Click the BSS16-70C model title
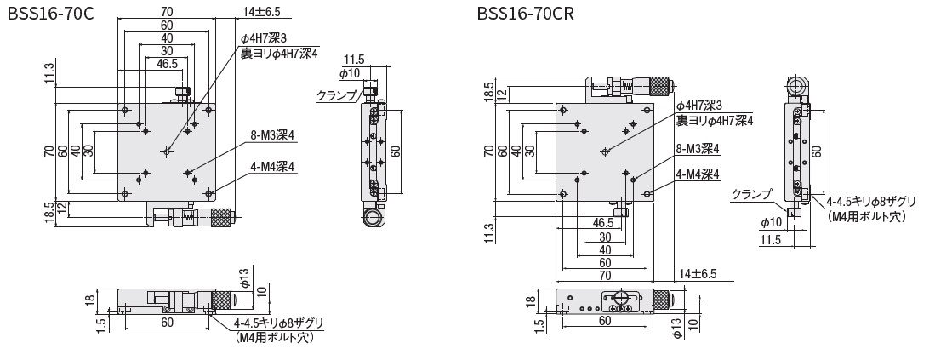coord(50,14)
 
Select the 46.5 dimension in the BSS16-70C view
coord(168,63)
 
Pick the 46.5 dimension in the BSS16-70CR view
coord(605,223)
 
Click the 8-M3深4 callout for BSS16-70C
coord(272,135)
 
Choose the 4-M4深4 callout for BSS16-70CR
coord(698,174)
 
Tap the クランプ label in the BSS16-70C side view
coord(337,95)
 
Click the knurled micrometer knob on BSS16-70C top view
coord(219,218)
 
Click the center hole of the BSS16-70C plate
coord(167,151)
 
